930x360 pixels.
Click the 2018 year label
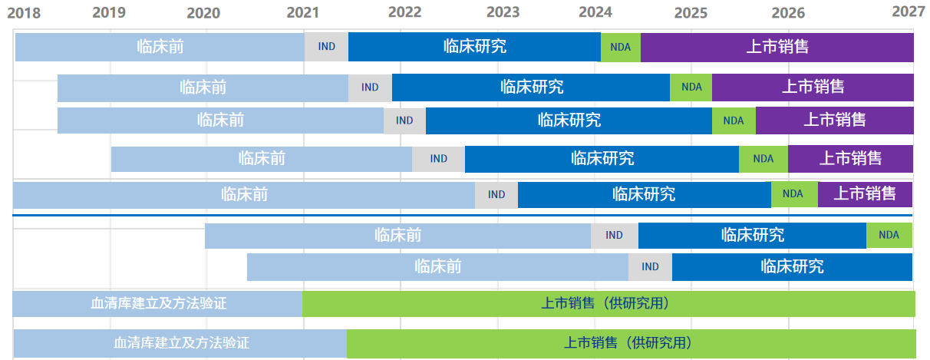coord(24,12)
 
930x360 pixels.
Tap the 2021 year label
coord(303,12)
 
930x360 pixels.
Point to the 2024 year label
coord(595,12)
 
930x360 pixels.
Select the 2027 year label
coord(908,12)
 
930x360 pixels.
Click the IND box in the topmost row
coord(326,47)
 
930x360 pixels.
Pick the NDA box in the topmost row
coord(620,47)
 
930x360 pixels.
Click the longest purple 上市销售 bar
coord(777,47)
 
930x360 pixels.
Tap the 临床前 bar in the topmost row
coord(160,47)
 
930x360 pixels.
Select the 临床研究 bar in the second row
coord(531,88)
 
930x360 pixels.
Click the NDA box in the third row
coord(734,121)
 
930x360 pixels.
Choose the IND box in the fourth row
coord(438,159)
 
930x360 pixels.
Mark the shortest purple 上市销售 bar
coord(865,194)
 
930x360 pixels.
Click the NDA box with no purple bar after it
coord(889,235)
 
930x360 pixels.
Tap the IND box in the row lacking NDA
coord(650,267)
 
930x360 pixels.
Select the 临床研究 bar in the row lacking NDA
coord(792,267)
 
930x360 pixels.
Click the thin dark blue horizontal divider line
coord(460,216)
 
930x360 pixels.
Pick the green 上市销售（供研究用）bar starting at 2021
coord(608,304)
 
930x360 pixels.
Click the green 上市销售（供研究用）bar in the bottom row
coord(631,342)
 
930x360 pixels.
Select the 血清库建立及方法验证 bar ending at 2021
coord(157,304)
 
